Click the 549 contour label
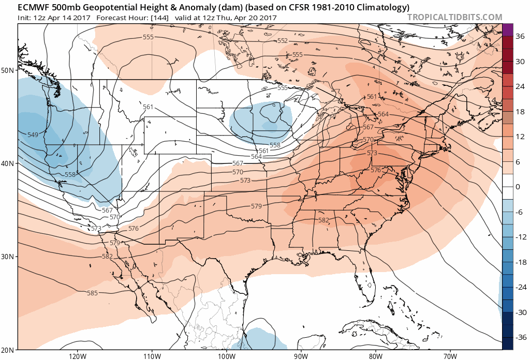[x=33, y=134]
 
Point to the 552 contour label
[x=283, y=41]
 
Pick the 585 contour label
[x=92, y=293]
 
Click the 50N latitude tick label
[x=8, y=70]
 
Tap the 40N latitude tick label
[x=8, y=163]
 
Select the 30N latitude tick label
[x=8, y=257]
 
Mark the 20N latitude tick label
[x=8, y=350]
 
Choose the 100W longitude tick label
[x=226, y=355]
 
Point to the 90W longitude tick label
[x=301, y=355]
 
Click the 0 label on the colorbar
[x=518, y=187]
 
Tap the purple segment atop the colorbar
[x=507, y=29]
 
